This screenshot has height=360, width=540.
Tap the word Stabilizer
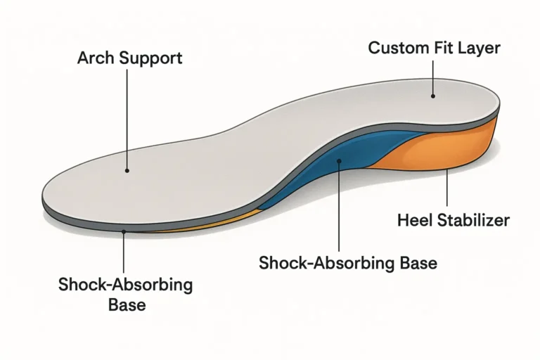tap(473, 220)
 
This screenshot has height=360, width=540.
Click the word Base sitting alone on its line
tap(127, 305)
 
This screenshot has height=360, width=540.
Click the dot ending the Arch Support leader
tap(127, 171)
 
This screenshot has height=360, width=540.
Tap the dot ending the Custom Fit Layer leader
tap(433, 96)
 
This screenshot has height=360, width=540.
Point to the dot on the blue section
tap(339, 160)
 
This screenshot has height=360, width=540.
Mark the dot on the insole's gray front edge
tap(124, 232)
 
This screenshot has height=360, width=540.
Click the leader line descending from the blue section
tap(339, 207)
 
